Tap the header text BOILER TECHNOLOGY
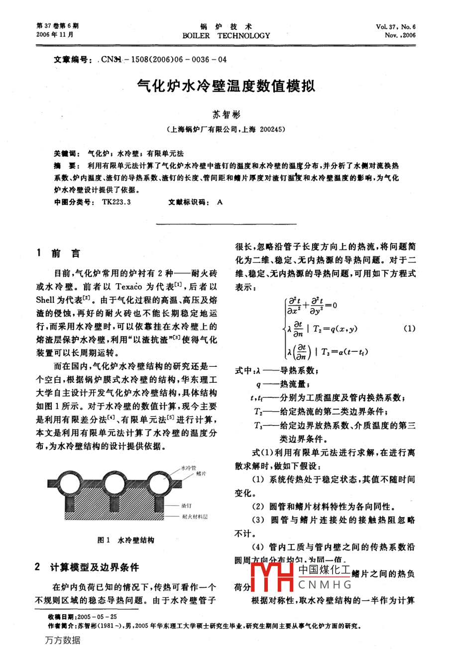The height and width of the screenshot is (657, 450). (226, 36)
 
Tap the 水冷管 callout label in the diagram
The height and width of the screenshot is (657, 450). (188, 468)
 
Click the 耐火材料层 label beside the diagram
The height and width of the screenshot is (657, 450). (195, 517)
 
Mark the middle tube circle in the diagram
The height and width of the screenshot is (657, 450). (113, 483)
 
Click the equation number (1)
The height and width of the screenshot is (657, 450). (408, 328)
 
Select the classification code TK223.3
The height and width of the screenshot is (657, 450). (116, 203)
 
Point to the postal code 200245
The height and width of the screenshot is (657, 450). (271, 129)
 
